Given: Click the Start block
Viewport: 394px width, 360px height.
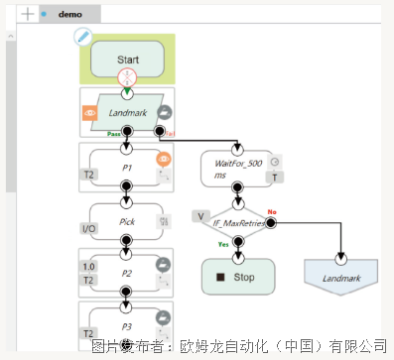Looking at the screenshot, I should [x=127, y=59].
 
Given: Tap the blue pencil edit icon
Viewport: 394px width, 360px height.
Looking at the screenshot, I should [x=84, y=38].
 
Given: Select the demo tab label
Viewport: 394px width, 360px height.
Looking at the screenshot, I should [x=70, y=15].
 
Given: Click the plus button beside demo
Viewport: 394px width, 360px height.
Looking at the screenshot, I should [x=28, y=15].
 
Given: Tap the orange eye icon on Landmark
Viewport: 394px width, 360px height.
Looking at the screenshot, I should [x=89, y=114].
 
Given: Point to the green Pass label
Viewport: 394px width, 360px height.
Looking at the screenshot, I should [x=114, y=133].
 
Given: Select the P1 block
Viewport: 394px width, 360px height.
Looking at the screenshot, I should [x=127, y=166].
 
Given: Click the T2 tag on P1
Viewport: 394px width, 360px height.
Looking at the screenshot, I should [x=90, y=176].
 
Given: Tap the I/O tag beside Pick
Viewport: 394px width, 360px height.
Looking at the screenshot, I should [x=90, y=229].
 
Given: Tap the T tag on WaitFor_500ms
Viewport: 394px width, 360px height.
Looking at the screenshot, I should [x=275, y=178].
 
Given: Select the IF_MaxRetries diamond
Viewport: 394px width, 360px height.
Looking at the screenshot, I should [x=235, y=223].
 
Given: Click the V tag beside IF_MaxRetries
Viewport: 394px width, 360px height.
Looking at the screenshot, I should [x=200, y=214].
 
